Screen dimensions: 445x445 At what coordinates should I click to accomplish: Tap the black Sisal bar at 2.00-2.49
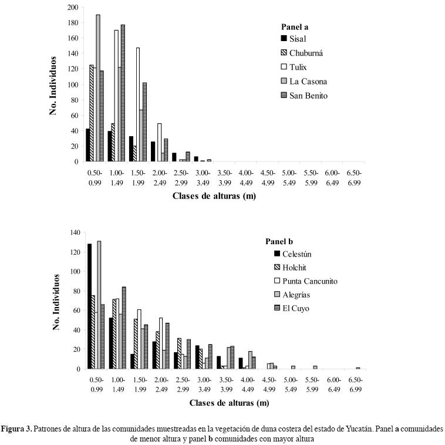[x=153, y=151]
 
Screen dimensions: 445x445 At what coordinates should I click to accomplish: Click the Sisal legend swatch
[x=285, y=39]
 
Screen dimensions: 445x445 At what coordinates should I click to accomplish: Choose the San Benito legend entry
[x=311, y=96]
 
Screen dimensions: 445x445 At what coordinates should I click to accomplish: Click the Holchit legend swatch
[x=278, y=267]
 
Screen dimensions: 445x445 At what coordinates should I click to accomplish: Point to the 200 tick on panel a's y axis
[x=72, y=8]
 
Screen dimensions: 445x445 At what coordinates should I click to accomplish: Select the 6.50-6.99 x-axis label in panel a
[x=354, y=178]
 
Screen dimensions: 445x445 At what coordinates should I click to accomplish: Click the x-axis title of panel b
[x=230, y=403]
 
